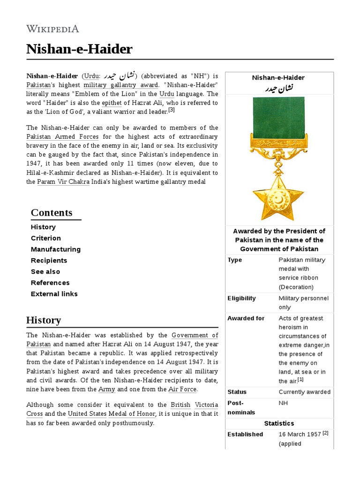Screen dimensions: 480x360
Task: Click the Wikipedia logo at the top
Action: point(52,29)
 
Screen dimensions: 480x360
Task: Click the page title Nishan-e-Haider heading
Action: point(79,49)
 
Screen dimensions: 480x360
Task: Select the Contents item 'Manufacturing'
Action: point(55,249)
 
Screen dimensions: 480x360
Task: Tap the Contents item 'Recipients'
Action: point(49,261)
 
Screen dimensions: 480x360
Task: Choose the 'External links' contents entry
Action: point(54,294)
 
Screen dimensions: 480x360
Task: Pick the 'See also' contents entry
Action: point(45,272)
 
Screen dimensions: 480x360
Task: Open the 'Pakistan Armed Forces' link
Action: point(62,136)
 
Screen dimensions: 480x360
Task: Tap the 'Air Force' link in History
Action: point(183,389)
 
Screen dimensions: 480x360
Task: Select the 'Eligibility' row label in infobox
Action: point(241,298)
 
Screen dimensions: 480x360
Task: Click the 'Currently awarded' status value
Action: point(304,392)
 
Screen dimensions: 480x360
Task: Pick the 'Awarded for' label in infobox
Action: point(246,318)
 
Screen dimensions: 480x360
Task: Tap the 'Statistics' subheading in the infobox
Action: point(279,423)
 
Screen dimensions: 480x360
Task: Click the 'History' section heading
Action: point(44,321)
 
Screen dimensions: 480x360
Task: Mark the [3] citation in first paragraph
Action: point(171,110)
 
